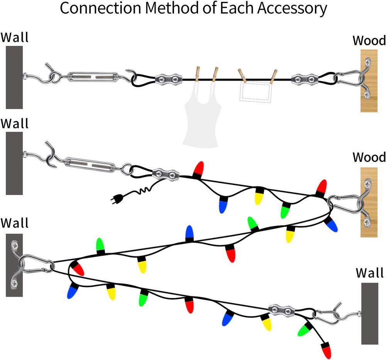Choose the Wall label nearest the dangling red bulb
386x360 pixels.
[x=370, y=273]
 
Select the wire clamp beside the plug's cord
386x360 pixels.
[x=166, y=174]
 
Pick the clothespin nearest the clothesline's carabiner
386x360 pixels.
[x=274, y=76]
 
